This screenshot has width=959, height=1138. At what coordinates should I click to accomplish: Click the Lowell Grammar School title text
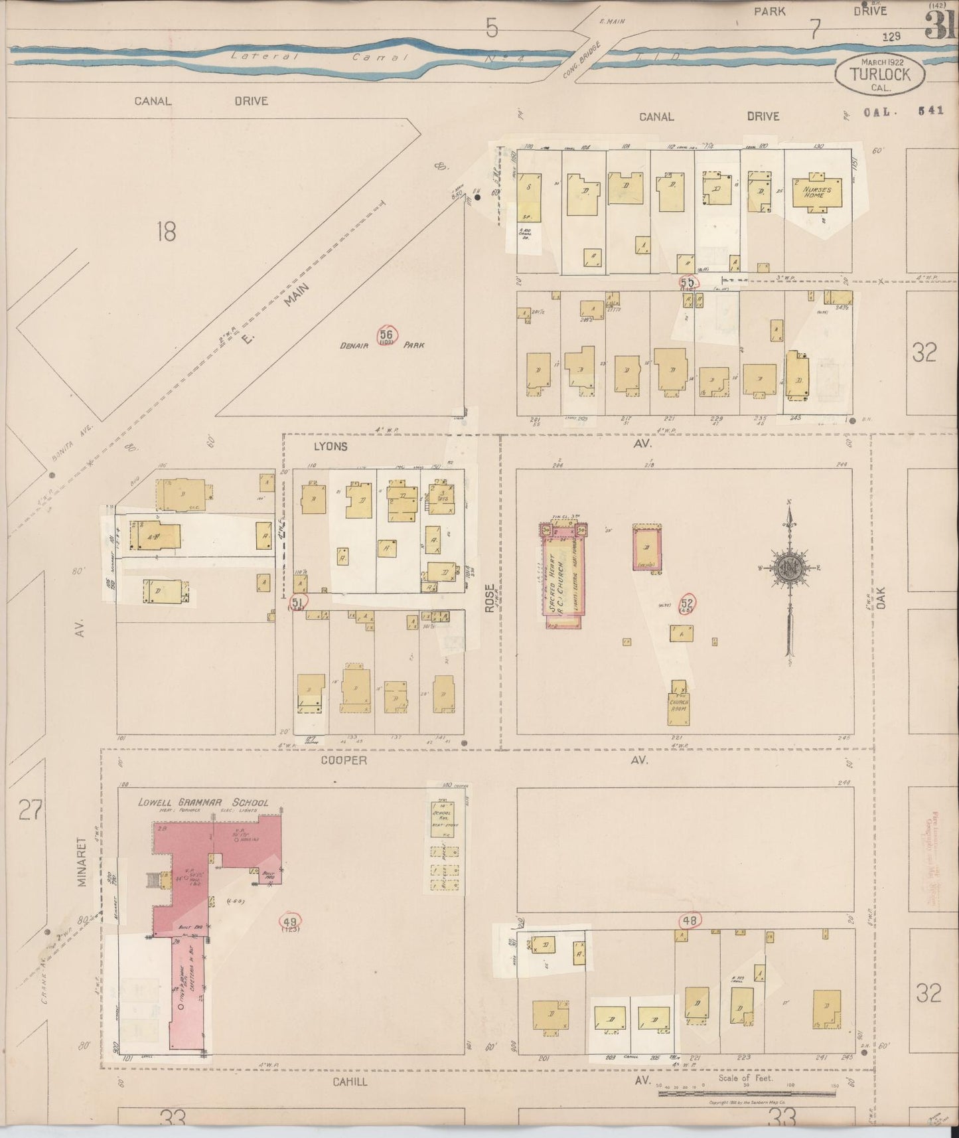(202, 802)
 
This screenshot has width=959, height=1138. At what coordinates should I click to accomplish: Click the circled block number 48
(690, 921)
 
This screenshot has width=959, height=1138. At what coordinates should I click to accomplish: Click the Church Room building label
(678, 705)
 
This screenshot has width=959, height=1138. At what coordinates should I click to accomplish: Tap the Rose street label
(489, 598)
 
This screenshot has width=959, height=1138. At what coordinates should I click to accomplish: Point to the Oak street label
(881, 596)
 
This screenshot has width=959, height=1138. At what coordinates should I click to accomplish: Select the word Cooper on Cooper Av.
(344, 761)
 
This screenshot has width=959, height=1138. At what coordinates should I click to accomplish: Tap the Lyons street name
(330, 446)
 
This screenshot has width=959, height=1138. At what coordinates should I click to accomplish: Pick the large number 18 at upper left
(166, 232)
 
